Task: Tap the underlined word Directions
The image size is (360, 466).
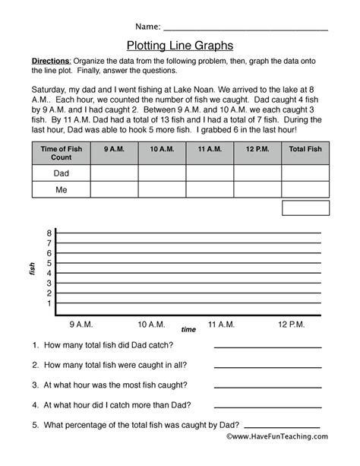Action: click(x=51, y=60)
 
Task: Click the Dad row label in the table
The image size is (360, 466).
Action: click(x=60, y=173)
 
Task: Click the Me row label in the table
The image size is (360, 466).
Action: click(x=60, y=190)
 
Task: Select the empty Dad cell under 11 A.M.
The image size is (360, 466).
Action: click(x=208, y=173)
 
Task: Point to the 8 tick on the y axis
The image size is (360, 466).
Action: click(x=49, y=233)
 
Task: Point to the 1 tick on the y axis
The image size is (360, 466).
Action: click(x=49, y=303)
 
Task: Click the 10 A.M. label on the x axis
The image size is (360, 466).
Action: click(x=152, y=325)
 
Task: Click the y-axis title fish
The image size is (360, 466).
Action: click(x=32, y=268)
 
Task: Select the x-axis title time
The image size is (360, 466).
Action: click(x=188, y=330)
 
